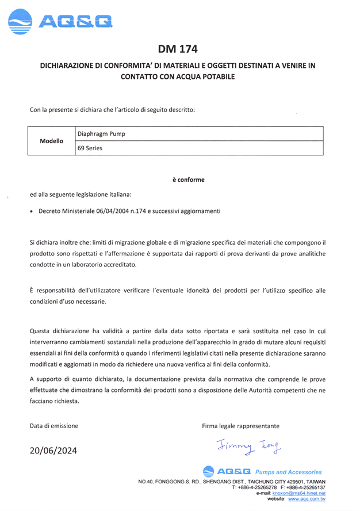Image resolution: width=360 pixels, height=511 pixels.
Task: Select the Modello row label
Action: click(51, 140)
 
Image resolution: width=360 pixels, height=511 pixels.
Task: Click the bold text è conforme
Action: click(188, 180)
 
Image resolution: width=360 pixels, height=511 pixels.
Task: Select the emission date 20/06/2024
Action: click(53, 450)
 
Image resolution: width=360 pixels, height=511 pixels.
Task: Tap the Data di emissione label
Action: click(54, 426)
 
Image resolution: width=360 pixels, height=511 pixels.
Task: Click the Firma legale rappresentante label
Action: click(240, 426)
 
